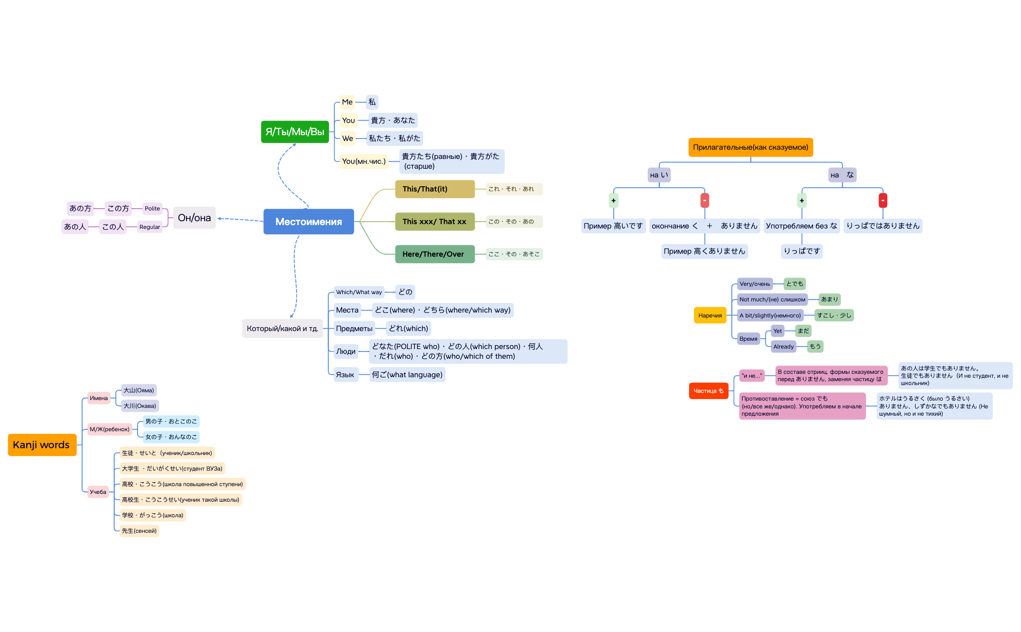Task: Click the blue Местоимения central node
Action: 309,222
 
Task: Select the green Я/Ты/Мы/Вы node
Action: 294,132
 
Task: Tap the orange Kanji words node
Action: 42,445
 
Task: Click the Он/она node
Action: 194,218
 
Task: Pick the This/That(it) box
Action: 434,189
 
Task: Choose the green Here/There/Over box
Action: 434,254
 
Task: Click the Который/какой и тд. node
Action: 282,329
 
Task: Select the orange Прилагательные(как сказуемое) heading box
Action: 750,147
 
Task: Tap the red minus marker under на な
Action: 883,200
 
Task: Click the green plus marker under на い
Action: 613,200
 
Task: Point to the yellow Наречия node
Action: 710,316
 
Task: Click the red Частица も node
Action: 708,391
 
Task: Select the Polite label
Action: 152,209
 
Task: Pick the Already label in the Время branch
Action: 783,347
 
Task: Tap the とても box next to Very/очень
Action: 795,284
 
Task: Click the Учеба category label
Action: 98,492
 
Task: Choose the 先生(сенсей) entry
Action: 139,531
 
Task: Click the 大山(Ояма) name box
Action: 138,390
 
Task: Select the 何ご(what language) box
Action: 407,375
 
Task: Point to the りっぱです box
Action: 801,251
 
